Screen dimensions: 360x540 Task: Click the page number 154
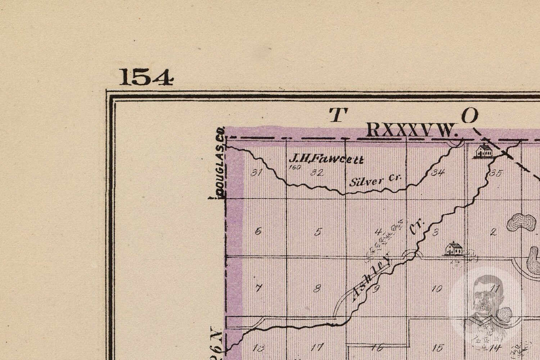tap(146, 77)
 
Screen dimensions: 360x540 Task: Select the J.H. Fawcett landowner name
tap(326, 159)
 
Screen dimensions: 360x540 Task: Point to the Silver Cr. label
tap(375, 180)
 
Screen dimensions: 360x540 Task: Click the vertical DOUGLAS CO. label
tap(222, 167)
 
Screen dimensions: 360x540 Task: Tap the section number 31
tap(256, 173)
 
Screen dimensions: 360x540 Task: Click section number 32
tap(317, 172)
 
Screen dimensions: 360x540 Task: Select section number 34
tap(438, 173)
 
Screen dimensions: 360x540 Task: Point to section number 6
tap(258, 231)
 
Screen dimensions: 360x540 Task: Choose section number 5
tap(318, 232)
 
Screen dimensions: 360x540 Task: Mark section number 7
tap(258, 288)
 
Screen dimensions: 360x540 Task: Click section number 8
tap(317, 288)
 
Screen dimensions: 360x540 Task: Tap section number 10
tap(437, 289)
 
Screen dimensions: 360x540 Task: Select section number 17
tap(317, 348)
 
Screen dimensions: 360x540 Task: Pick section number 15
tap(437, 348)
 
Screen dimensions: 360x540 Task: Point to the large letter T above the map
tap(337, 115)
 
